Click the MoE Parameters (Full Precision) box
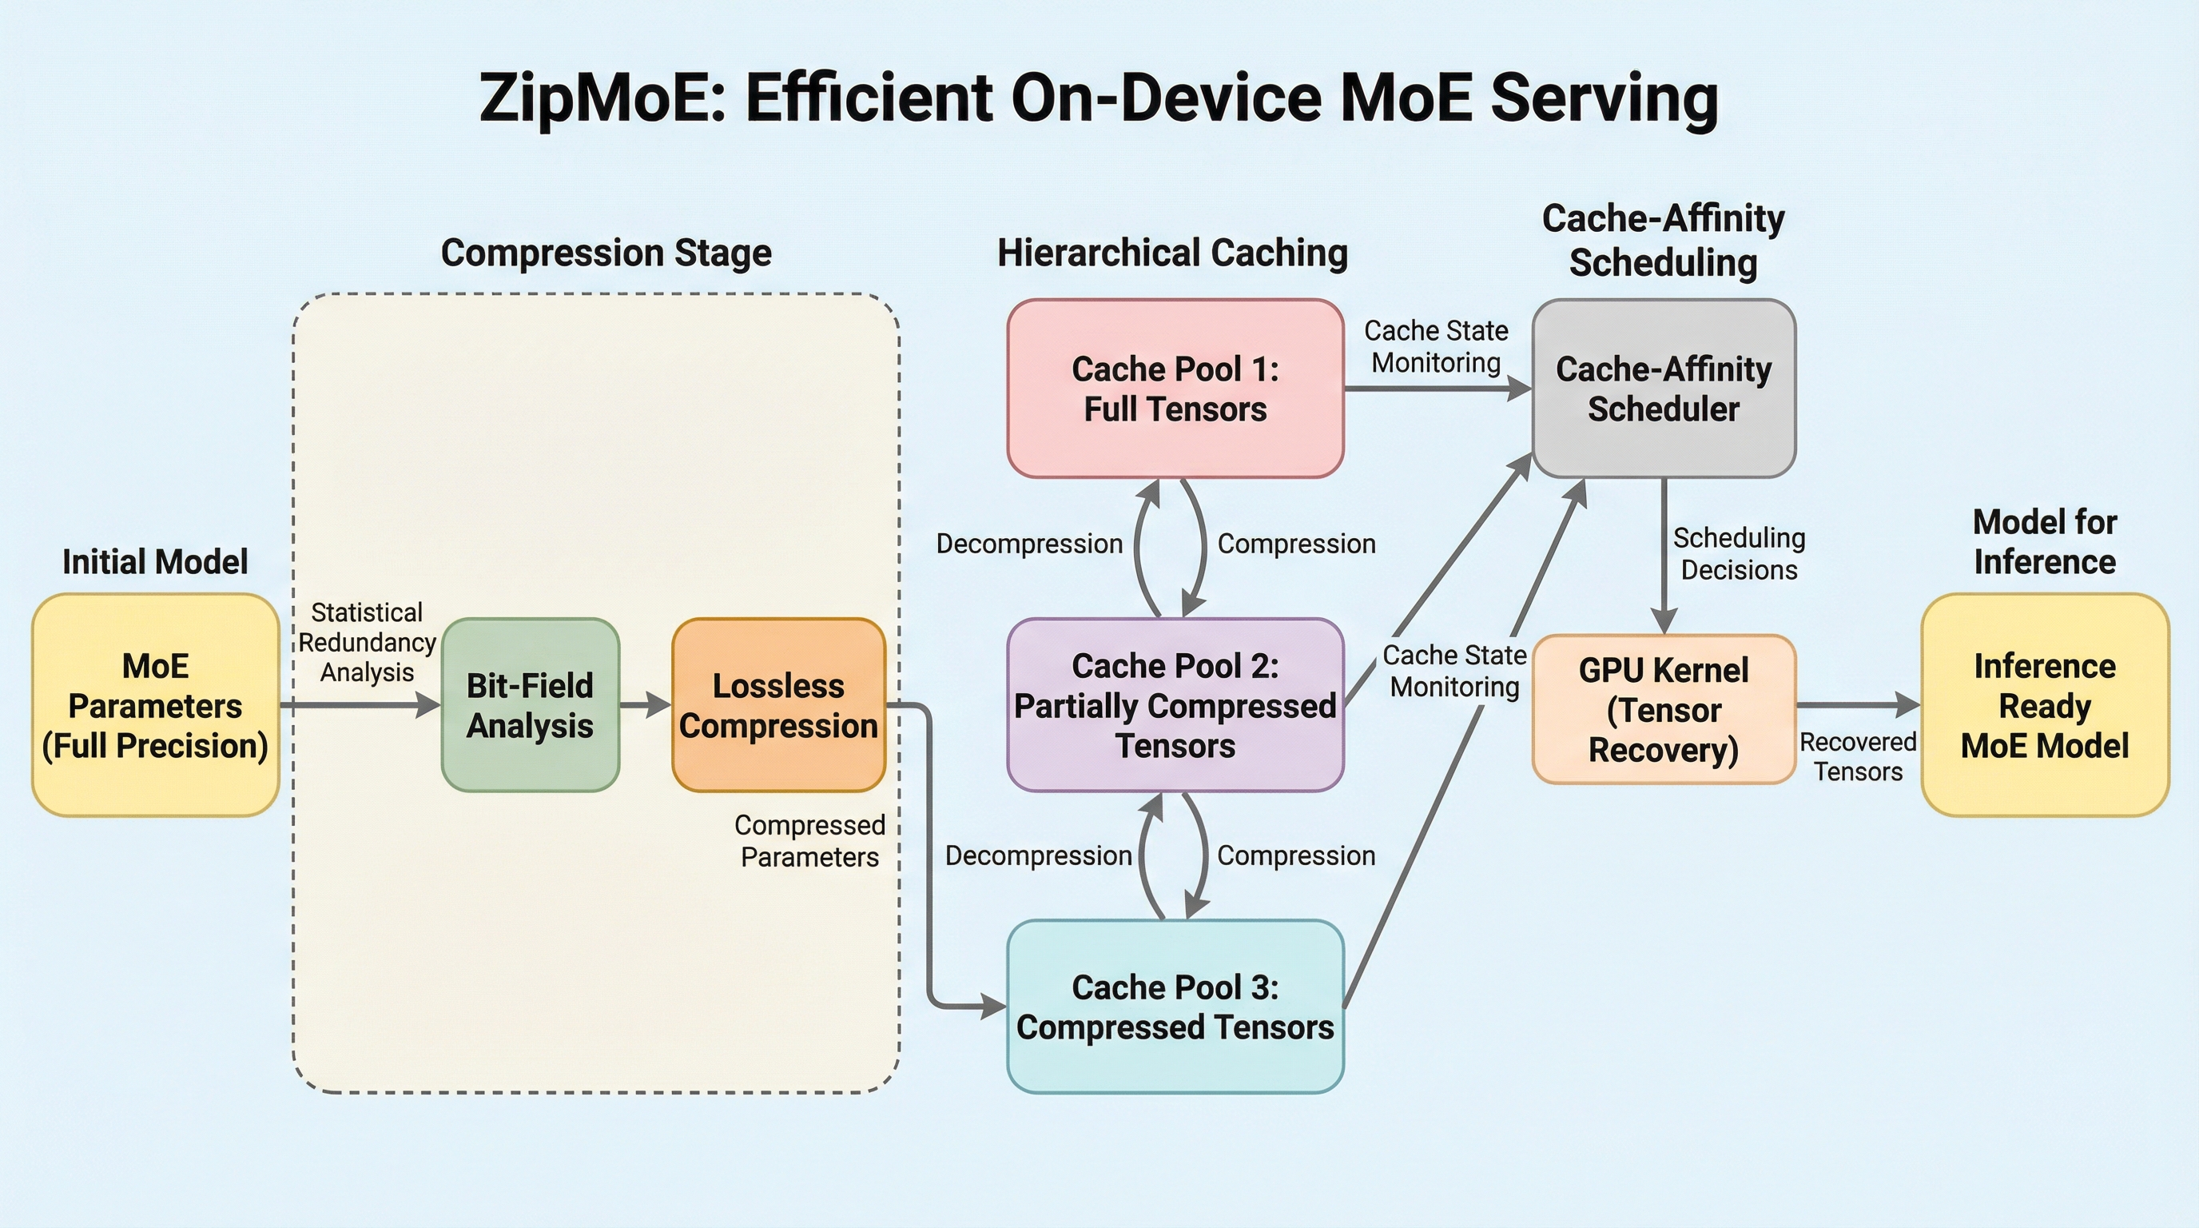(x=155, y=705)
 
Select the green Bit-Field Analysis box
(x=530, y=705)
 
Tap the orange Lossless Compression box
(x=778, y=705)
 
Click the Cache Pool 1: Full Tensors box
(x=1175, y=389)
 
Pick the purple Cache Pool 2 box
(x=1175, y=705)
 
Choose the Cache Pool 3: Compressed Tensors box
(x=1175, y=1007)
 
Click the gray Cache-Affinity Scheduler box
(x=1664, y=389)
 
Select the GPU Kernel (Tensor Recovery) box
(x=1664, y=710)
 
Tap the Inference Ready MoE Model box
(x=2045, y=705)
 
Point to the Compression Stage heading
(x=606, y=253)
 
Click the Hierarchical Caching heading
(x=1173, y=253)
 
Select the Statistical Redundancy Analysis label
(x=367, y=642)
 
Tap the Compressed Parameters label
(x=809, y=841)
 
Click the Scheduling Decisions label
(x=1739, y=554)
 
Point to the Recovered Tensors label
(x=1858, y=756)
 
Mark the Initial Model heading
(x=155, y=562)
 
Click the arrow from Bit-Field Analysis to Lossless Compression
(x=646, y=705)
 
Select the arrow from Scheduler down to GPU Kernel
(x=1664, y=555)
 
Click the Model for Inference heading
(x=2045, y=541)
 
